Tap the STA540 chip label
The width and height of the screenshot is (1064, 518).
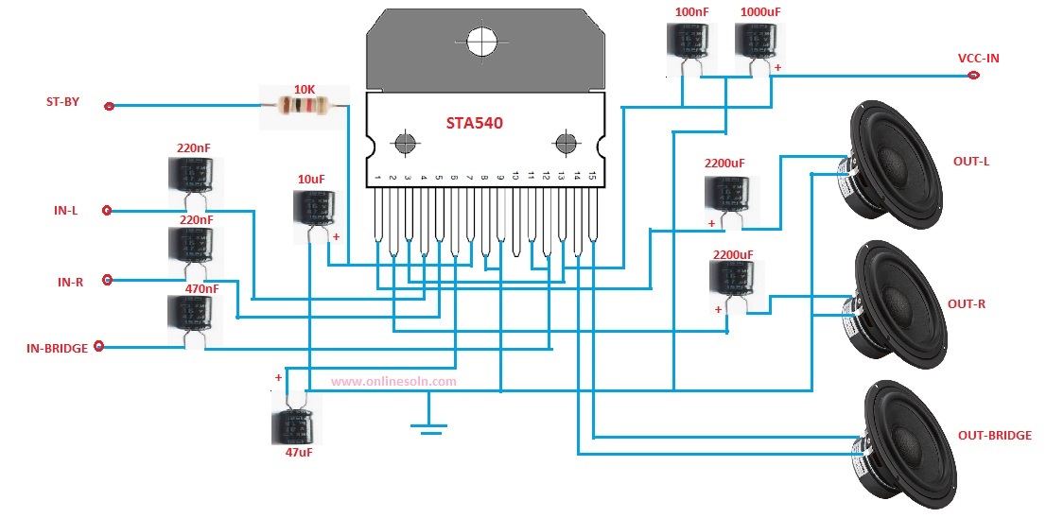tap(475, 124)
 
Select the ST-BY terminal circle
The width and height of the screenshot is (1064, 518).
tap(109, 106)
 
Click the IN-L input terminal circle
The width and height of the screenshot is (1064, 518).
tap(107, 211)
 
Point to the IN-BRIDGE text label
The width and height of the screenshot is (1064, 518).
tap(57, 349)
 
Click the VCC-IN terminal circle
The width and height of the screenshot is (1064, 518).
tap(973, 76)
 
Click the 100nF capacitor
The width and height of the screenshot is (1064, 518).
tap(689, 47)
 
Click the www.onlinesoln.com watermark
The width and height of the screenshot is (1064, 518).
tap(393, 382)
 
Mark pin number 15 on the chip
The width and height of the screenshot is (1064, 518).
tap(592, 177)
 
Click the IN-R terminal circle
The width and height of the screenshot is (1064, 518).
tap(107, 280)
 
